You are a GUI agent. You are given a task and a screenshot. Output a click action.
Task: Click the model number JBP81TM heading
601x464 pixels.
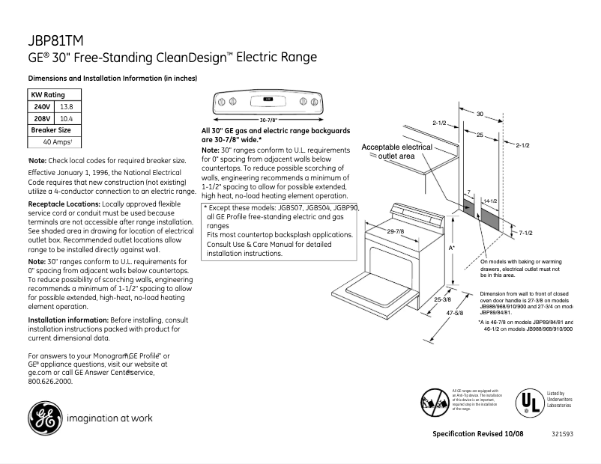tap(55, 40)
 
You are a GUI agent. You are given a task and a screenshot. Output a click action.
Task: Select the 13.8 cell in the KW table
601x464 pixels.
tap(66, 107)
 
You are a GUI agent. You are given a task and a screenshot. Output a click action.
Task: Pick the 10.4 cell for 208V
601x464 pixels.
tap(66, 118)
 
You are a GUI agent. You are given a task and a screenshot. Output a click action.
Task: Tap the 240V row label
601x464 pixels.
tap(42, 107)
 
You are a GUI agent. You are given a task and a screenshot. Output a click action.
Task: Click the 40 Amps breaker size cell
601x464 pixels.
tap(57, 141)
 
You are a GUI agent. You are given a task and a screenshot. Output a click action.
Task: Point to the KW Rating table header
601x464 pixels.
tap(47, 95)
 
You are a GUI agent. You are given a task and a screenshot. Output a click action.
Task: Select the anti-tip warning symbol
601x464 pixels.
tap(434, 402)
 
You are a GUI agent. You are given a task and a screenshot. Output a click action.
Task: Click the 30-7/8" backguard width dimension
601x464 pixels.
tap(268, 120)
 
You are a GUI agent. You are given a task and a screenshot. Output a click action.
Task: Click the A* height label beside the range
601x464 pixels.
tap(452, 247)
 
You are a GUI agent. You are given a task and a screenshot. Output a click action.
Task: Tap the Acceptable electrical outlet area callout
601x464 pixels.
tap(396, 152)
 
